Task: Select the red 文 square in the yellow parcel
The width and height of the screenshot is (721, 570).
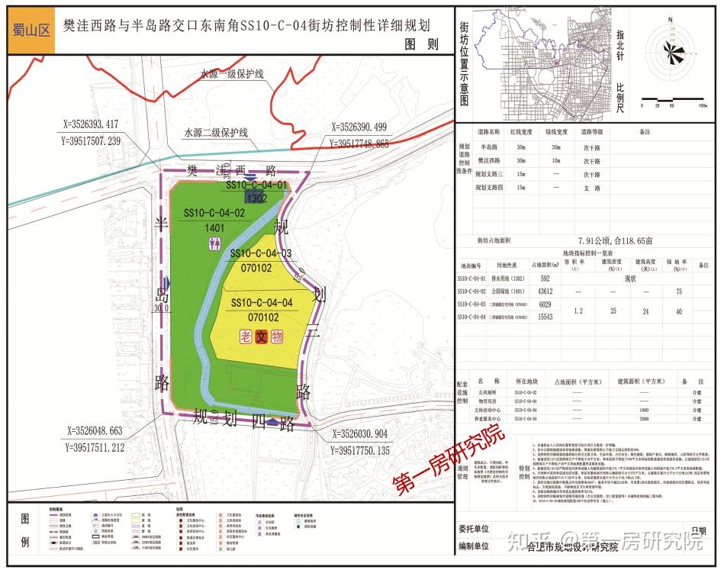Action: (x=261, y=336)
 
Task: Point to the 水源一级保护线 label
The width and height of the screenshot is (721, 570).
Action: (x=232, y=74)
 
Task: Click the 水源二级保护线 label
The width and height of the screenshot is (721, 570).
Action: (x=216, y=132)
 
